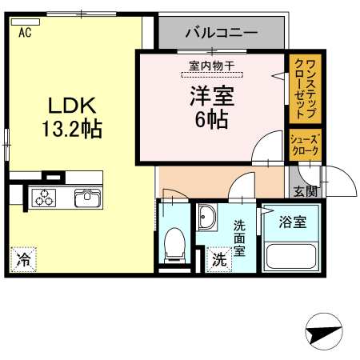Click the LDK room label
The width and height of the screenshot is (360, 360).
pos(73,105)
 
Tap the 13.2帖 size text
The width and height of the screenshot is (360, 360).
pos(73,128)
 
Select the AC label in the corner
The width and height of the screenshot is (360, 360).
pos(25,33)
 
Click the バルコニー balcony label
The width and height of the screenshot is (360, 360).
pos(221,34)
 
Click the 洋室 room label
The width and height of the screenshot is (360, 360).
pos(211,97)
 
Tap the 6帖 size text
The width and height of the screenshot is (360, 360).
pos(211,120)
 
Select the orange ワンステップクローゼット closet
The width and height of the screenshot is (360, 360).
pos(306,87)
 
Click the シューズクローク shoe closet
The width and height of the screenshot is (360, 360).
pos(305,144)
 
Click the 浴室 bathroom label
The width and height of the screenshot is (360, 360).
pos(291,222)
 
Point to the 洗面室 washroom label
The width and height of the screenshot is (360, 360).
pos(240,238)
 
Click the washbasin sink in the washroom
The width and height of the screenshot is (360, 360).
pos(208,217)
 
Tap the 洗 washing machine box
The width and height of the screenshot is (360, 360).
pos(218,259)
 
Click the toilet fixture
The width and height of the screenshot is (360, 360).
pos(174,245)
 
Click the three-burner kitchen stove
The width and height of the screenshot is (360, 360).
pos(44,198)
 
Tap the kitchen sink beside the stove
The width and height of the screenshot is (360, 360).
pos(85,198)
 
